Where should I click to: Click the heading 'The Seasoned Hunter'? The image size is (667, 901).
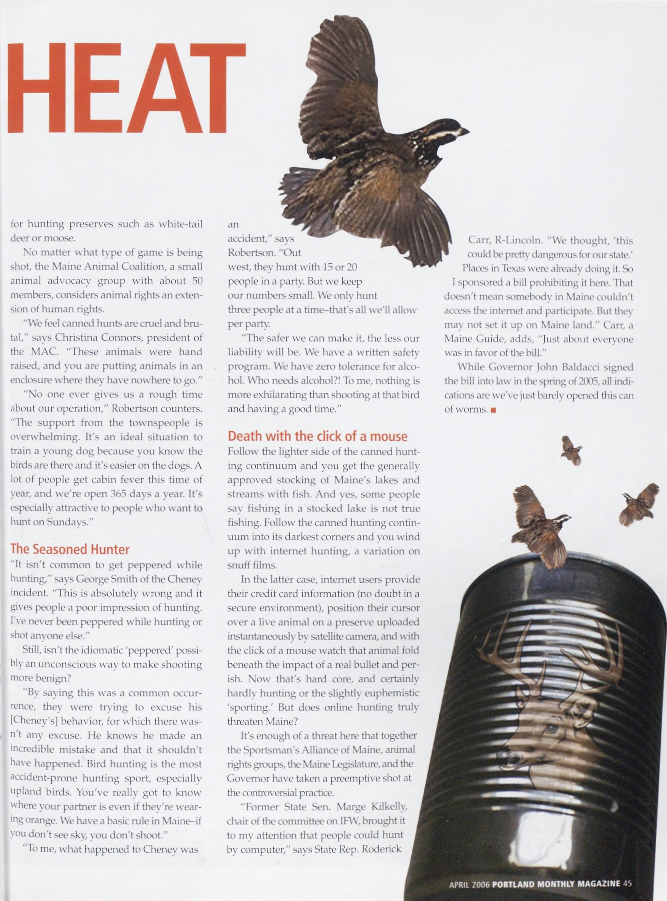(x=70, y=549)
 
